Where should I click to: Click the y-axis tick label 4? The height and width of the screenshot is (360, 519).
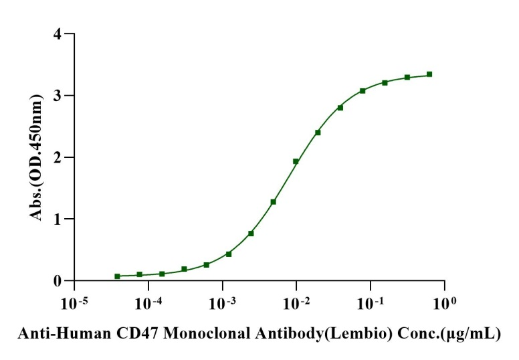click(58, 33)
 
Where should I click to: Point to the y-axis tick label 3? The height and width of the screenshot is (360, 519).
click(58, 96)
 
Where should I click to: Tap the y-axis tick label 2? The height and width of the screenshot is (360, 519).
click(58, 157)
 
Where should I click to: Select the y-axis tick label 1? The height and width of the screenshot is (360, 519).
click(58, 219)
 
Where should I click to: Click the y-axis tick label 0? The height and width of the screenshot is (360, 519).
click(58, 281)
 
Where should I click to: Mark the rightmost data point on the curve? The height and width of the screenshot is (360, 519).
click(429, 74)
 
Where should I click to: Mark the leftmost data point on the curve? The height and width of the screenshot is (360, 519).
click(117, 276)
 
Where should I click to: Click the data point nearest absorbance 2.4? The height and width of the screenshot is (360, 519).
click(318, 132)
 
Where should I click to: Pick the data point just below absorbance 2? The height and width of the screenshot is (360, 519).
click(296, 161)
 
